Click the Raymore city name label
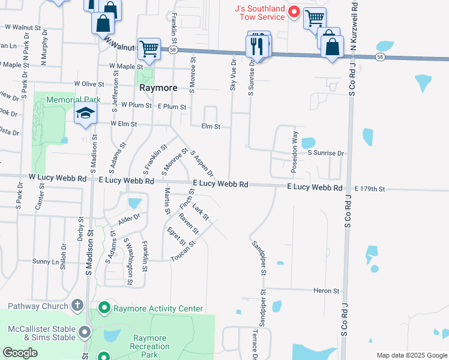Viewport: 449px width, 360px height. point(158,88)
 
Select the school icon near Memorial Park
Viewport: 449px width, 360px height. point(85,114)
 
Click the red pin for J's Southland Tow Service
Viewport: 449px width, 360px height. point(294,11)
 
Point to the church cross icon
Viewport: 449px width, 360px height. point(77,306)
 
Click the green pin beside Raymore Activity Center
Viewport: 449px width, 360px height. point(104,308)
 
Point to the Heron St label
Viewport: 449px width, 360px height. point(327,290)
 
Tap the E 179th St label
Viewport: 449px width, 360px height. point(369,188)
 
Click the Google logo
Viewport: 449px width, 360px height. point(20,353)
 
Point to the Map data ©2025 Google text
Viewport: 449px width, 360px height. point(411,355)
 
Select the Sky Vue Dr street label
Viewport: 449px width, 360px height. point(233,75)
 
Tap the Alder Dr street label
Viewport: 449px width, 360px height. point(128,219)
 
